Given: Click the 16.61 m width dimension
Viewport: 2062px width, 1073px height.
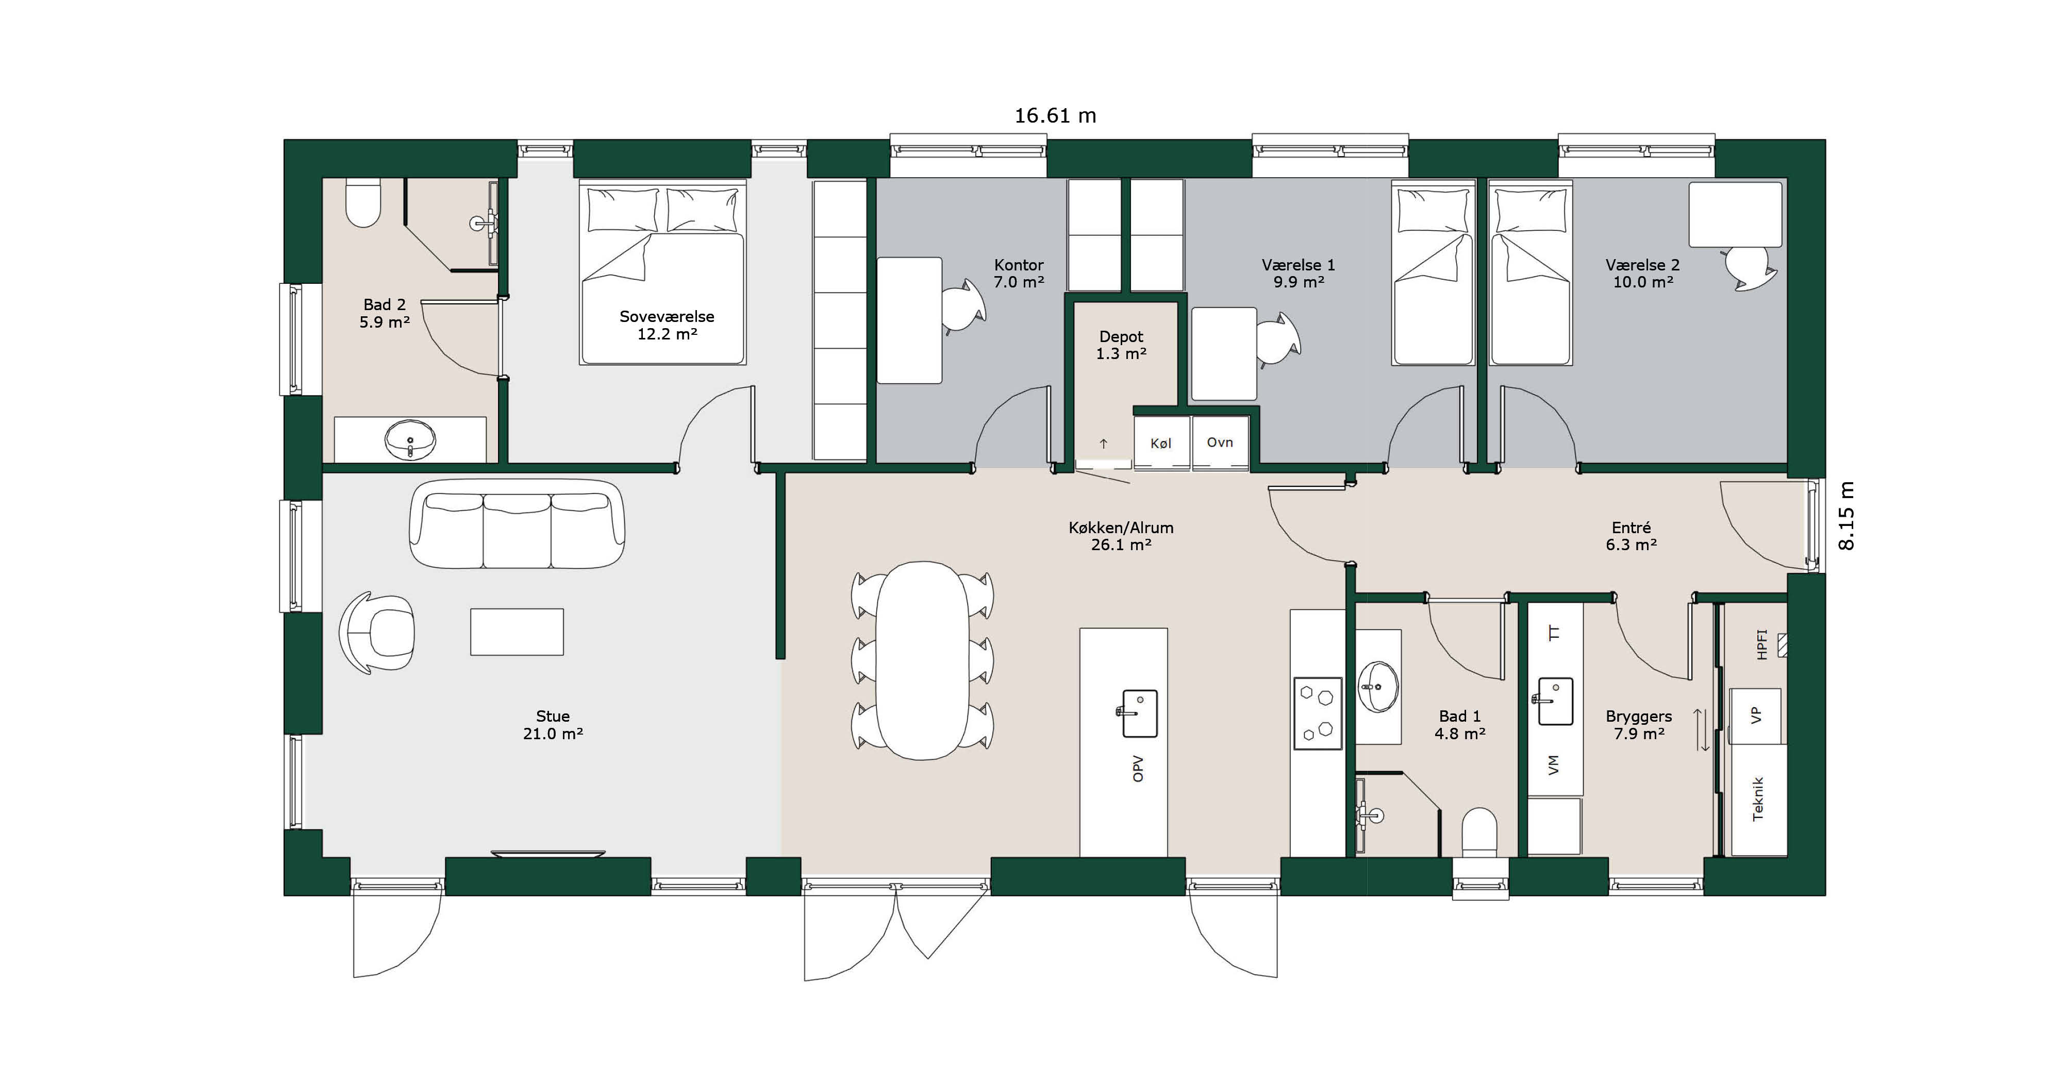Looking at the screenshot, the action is pos(1055,116).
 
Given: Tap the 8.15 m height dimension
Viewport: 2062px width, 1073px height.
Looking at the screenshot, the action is pos(1846,516).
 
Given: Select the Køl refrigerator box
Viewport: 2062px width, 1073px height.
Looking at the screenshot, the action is pos(1161,442).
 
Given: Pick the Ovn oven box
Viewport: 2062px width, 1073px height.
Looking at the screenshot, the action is pos(1220,442).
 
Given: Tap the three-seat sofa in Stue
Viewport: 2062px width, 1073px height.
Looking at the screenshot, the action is pos(517,524).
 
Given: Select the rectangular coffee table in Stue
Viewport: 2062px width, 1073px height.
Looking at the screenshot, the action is pos(517,632).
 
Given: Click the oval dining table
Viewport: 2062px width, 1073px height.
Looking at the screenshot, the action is pos(922,660).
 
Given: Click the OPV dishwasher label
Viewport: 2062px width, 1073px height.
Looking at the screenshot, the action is pos(1138,768).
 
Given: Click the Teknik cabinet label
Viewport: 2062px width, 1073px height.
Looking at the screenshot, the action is pos(1758,798).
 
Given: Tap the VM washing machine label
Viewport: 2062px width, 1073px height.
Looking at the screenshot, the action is pos(1554,765).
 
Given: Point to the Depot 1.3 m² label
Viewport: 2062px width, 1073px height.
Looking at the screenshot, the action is pos(1121,345).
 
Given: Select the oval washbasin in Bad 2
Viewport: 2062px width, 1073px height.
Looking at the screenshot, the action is pos(411,440).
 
